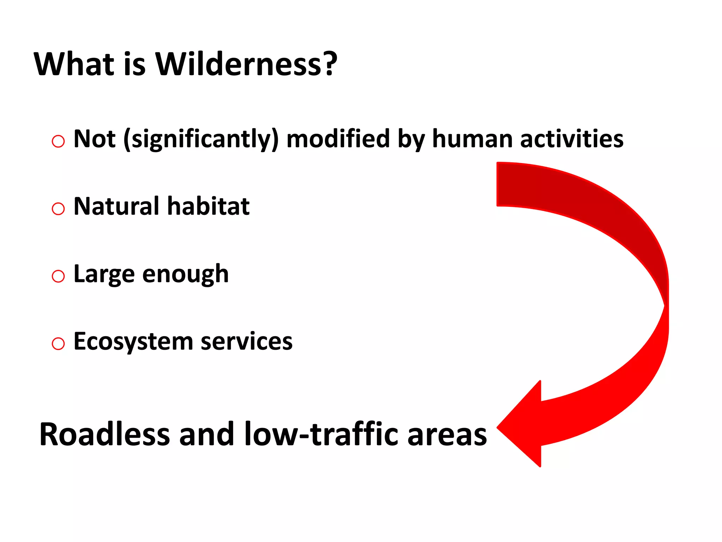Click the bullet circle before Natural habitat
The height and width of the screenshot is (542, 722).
[58, 209]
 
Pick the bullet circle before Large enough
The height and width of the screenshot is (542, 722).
[58, 276]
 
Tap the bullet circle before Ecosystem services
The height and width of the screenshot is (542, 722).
[58, 344]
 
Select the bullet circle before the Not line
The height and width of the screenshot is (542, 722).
[58, 141]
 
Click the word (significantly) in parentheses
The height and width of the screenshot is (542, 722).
[201, 139]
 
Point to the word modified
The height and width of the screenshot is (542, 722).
[338, 139]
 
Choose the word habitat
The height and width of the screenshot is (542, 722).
[208, 206]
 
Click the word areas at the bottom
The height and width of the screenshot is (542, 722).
[447, 435]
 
